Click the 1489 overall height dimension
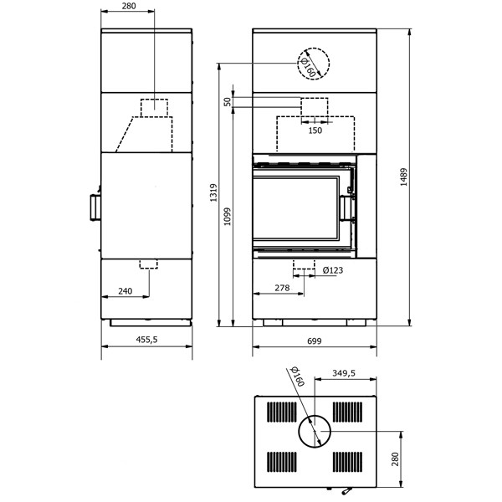pyautogui.click(x=404, y=177)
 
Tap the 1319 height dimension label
pyautogui.click(x=213, y=192)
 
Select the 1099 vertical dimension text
pyautogui.click(x=227, y=217)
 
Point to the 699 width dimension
pyautogui.click(x=314, y=341)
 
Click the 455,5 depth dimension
pyautogui.click(x=147, y=340)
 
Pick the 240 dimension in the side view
pyautogui.click(x=125, y=291)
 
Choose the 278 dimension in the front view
pyautogui.click(x=282, y=288)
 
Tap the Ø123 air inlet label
pyautogui.click(x=333, y=270)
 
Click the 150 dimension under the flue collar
pyautogui.click(x=315, y=131)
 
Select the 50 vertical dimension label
pyautogui.click(x=228, y=102)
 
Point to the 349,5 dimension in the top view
pyautogui.click(x=344, y=373)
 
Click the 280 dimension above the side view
pyautogui.click(x=129, y=6)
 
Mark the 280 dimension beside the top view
pyautogui.click(x=396, y=459)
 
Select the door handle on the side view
pyautogui.click(x=95, y=207)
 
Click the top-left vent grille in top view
pyautogui.click(x=282, y=412)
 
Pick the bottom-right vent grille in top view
pyautogui.click(x=348, y=462)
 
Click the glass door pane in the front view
pyautogui.click(x=295, y=208)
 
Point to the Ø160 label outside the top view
pyautogui.click(x=297, y=376)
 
